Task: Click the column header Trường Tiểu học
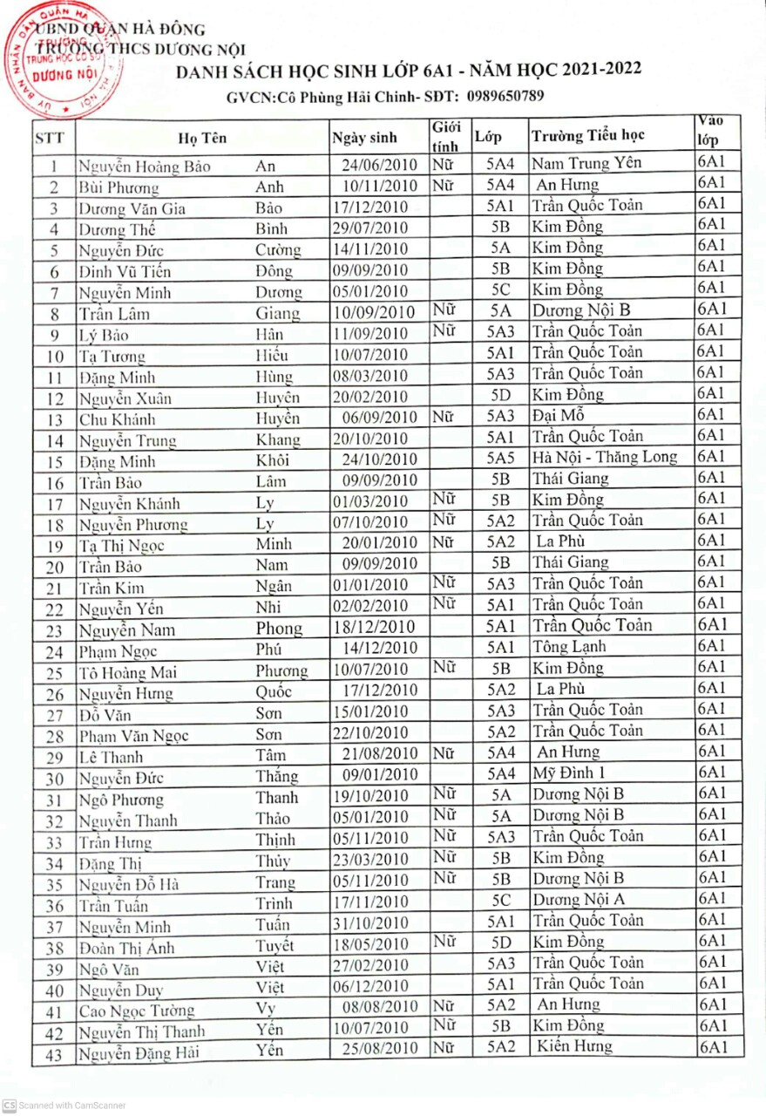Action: point(588,136)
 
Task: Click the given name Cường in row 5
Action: point(278,250)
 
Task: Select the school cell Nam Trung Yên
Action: point(586,163)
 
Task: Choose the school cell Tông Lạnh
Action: point(569,646)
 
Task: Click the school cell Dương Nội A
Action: point(579,899)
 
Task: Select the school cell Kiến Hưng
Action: point(574,1046)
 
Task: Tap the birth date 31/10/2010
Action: point(370,922)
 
